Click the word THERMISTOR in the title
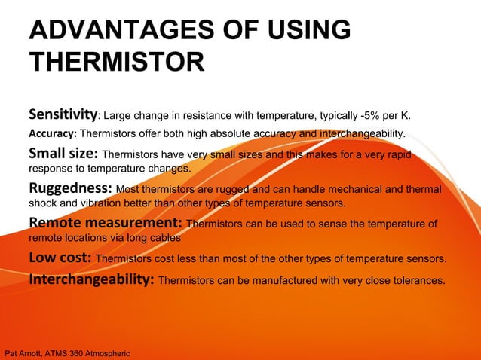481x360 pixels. click(x=116, y=61)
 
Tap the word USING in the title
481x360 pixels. click(x=309, y=30)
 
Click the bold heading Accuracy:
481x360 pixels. click(x=53, y=134)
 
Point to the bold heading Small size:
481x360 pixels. click(x=63, y=154)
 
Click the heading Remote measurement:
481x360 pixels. click(x=105, y=223)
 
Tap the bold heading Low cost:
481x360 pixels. click(x=60, y=258)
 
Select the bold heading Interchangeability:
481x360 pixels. click(x=91, y=280)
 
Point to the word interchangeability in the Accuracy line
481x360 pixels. click(x=361, y=134)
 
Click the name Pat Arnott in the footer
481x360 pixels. click(x=25, y=352)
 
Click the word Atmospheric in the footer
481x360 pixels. click(x=111, y=352)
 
